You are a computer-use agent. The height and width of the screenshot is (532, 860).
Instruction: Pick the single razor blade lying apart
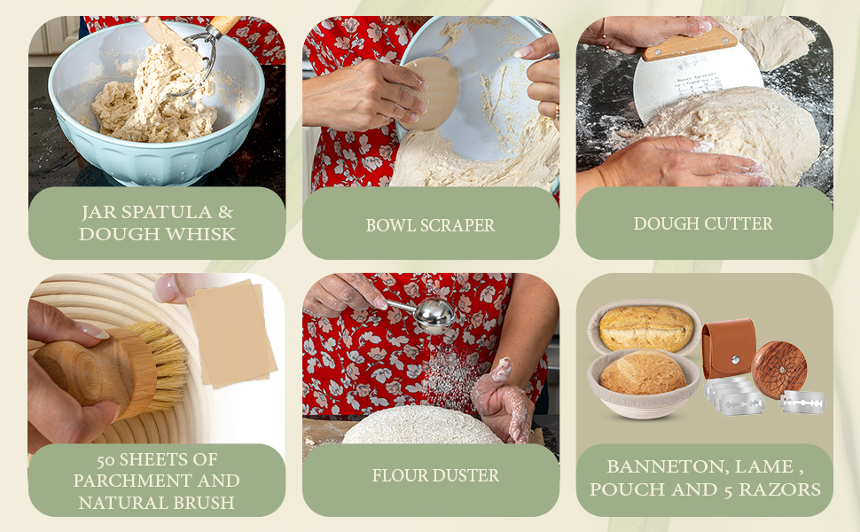[803, 402]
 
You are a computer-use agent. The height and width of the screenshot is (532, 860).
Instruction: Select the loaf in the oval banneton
[645, 328]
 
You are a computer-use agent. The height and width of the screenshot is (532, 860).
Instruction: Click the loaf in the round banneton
[644, 373]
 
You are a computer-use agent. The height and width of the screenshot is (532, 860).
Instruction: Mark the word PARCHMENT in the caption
[156, 481]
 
